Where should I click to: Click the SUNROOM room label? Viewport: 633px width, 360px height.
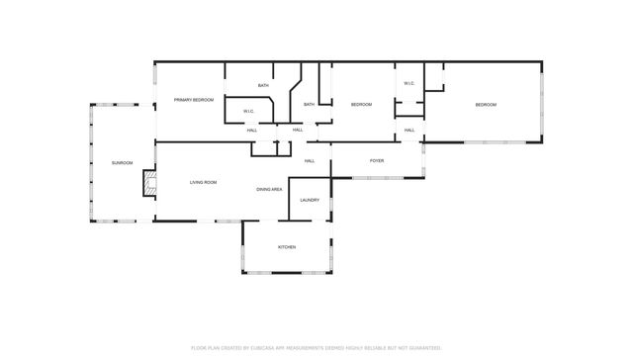(122, 162)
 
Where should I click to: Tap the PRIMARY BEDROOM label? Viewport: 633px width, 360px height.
(194, 100)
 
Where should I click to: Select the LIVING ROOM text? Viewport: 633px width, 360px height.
(203, 182)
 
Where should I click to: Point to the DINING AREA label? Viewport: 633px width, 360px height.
(269, 189)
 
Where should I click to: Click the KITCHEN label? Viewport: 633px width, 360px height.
(286, 246)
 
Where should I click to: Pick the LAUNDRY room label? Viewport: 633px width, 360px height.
(310, 201)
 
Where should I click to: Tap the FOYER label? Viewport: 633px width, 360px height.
(377, 160)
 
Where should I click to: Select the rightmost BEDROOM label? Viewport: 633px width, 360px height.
(485, 105)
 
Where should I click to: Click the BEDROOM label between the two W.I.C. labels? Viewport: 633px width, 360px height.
(361, 105)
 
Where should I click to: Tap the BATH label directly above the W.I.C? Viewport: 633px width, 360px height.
(263, 86)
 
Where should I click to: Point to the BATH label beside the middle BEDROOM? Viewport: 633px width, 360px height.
(309, 105)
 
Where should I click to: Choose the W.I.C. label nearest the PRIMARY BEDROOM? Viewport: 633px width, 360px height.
(250, 111)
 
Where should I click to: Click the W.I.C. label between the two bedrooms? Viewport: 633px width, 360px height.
(408, 83)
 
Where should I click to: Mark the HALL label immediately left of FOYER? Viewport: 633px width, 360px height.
(310, 160)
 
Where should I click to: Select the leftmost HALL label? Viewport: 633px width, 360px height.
(252, 131)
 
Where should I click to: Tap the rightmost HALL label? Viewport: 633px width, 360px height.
(408, 131)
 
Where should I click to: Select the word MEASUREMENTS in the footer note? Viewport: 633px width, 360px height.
(316, 348)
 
